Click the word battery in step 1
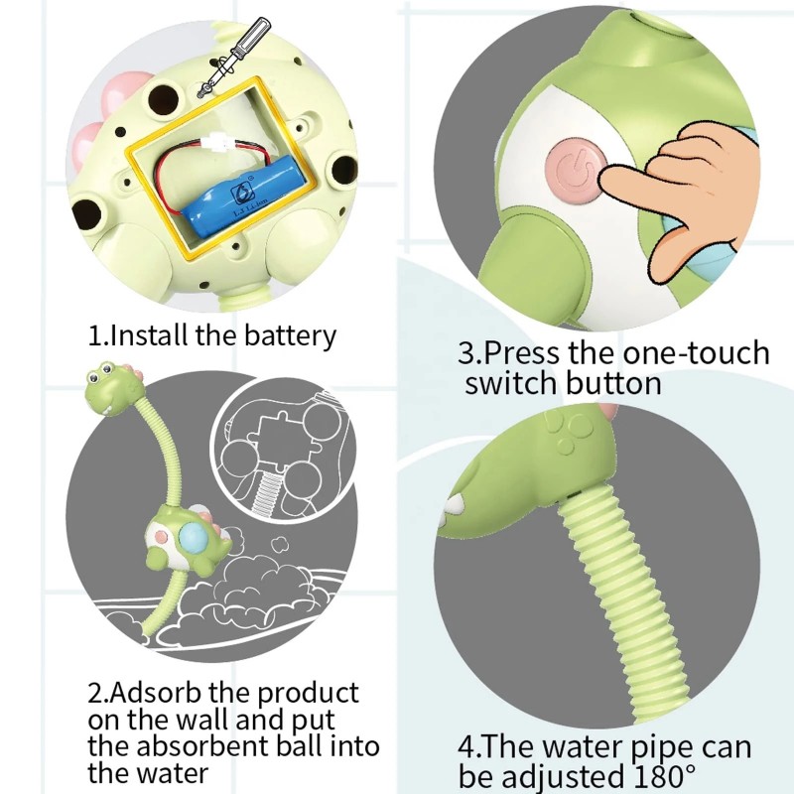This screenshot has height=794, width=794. coord(290,335)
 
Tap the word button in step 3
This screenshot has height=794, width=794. coord(613,383)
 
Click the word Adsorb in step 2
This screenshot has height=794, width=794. coord(156,693)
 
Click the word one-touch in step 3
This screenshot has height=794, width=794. coord(697,353)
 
